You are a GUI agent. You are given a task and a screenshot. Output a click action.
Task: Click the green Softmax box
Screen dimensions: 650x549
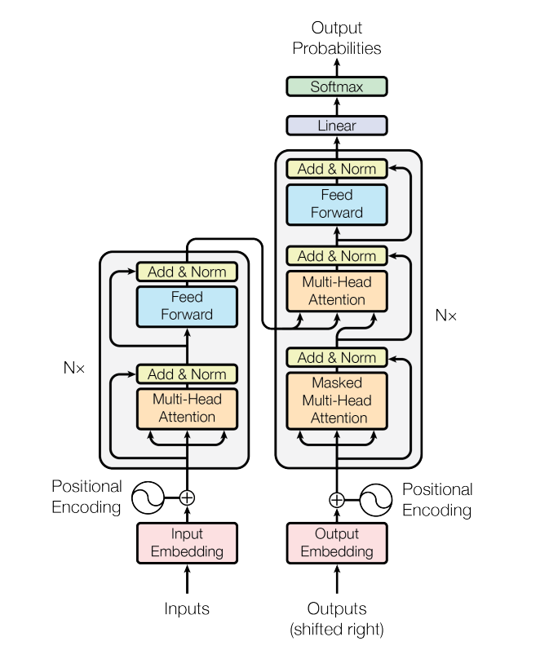click(x=336, y=86)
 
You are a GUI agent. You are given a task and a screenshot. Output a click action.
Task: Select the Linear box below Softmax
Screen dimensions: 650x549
click(x=336, y=126)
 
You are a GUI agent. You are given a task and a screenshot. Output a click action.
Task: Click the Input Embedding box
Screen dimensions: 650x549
click(x=187, y=543)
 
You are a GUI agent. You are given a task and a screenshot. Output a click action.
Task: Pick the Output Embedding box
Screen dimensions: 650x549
click(x=336, y=543)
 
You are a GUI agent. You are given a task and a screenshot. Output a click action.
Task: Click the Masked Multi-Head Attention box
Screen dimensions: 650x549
click(x=336, y=400)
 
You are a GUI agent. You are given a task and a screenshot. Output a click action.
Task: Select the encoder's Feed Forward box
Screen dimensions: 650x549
click(x=187, y=306)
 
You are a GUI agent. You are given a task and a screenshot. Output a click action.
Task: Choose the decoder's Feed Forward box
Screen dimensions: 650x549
click(x=336, y=204)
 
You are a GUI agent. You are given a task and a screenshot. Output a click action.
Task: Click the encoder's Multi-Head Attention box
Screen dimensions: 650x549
click(x=187, y=408)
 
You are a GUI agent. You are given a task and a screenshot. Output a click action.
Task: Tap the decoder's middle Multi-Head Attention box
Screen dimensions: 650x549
click(x=336, y=291)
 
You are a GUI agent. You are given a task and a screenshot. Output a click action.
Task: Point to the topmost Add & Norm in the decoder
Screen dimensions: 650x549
click(x=336, y=169)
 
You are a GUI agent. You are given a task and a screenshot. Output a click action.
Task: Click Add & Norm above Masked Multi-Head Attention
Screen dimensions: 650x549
click(x=336, y=357)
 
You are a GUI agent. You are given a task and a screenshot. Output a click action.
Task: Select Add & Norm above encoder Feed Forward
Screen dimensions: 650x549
click(x=187, y=272)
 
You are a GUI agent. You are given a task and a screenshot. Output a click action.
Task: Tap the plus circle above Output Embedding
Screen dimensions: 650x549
click(x=336, y=500)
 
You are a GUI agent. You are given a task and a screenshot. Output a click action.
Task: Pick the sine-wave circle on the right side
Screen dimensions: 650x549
click(x=376, y=500)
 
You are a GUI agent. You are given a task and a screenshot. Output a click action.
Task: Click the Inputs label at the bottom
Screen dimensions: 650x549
click(x=187, y=609)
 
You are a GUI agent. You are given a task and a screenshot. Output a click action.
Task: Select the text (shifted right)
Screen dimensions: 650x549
click(x=336, y=629)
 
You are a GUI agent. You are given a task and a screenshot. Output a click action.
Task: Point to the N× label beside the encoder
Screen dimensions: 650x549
click(x=74, y=368)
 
